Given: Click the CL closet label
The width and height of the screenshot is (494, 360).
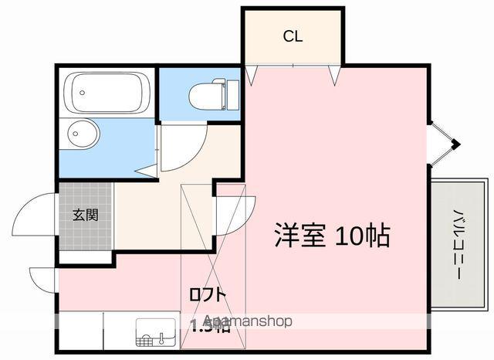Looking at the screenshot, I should (x=292, y=36).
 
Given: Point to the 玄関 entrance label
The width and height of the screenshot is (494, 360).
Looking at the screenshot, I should (x=85, y=216).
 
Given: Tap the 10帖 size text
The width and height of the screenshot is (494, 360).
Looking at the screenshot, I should (x=362, y=235).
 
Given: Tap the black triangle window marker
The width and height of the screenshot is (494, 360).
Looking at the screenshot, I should (x=455, y=144).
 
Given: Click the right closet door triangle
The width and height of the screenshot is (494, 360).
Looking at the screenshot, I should (x=335, y=74).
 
